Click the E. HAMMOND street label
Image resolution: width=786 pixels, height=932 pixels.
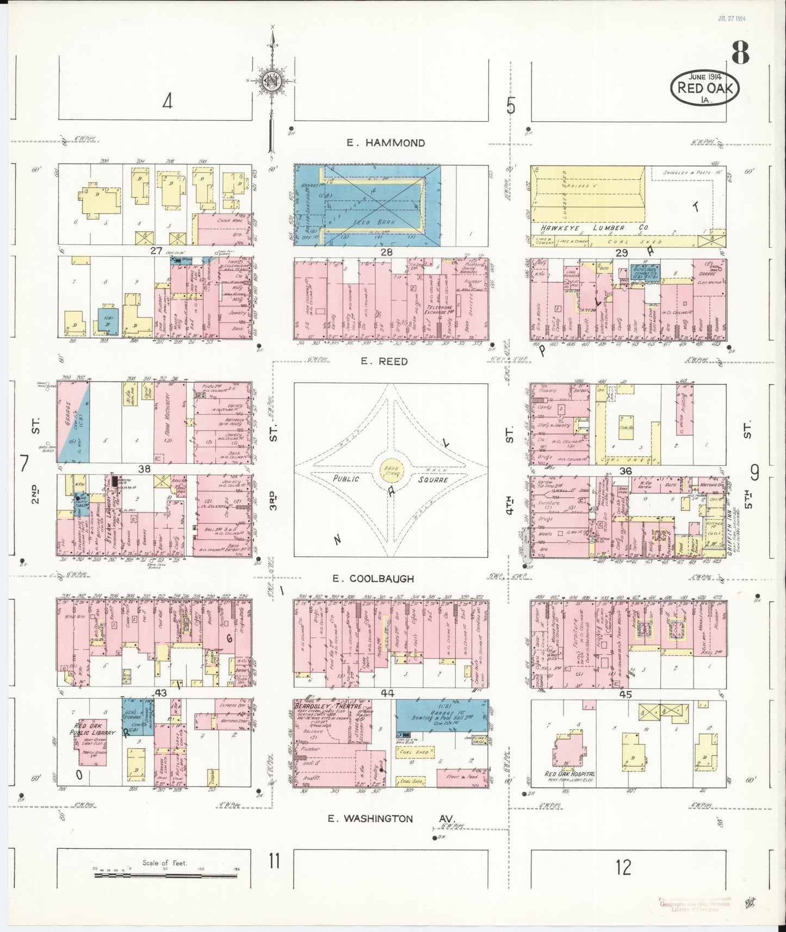pyautogui.click(x=386, y=143)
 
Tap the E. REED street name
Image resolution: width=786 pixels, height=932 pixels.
pyautogui.click(x=387, y=362)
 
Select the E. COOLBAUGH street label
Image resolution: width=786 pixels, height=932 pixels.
pyautogui.click(x=379, y=579)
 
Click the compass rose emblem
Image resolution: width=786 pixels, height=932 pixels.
pyautogui.click(x=269, y=82)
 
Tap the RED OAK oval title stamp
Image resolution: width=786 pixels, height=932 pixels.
pyautogui.click(x=705, y=88)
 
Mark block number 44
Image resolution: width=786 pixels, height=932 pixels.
pyautogui.click(x=387, y=693)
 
